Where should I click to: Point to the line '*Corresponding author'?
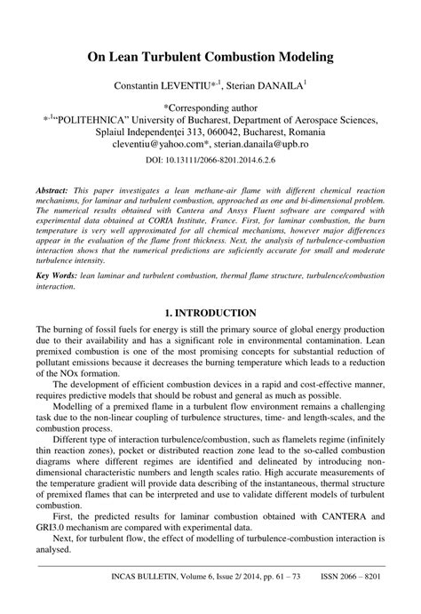pos(210,106)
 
